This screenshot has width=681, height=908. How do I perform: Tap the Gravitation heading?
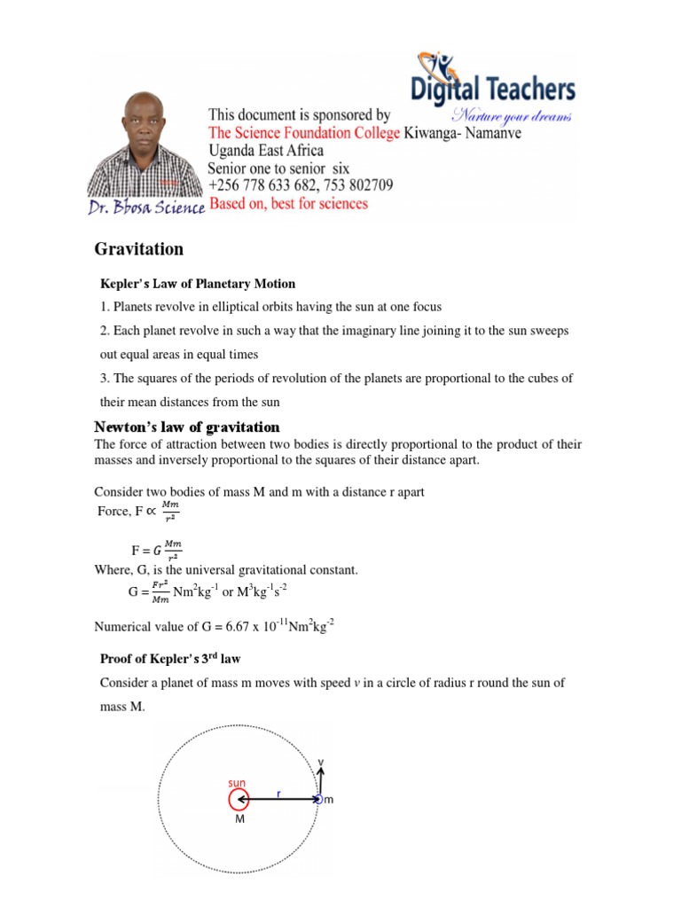coord(139,249)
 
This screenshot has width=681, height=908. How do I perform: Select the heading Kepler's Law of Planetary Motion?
coord(196,284)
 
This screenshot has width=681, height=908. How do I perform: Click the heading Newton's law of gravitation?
coord(187,427)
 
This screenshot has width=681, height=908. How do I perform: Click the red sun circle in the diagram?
coord(238,800)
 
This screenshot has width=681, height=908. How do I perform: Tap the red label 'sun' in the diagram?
coord(237,783)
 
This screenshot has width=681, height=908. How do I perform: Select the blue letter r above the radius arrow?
coord(278,794)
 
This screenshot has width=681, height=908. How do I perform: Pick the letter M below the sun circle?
coord(239,820)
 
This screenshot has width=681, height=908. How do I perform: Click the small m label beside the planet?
coord(328,801)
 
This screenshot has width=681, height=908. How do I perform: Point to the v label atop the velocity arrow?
coord(321,761)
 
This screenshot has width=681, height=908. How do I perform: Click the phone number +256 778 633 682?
coord(267,185)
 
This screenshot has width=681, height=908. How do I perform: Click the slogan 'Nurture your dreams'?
coord(512,116)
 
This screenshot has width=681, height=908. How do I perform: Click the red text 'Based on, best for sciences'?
coord(287,204)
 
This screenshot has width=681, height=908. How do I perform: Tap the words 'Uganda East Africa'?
coord(266,151)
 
